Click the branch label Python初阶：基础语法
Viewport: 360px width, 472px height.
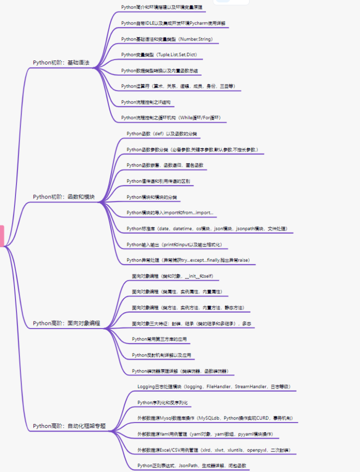tap(61, 62)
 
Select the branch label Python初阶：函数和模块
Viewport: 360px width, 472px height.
tap(63, 196)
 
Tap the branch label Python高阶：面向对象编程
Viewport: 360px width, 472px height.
tap(66, 323)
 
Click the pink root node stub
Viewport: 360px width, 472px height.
tap(1, 235)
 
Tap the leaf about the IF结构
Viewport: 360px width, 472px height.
tap(145, 102)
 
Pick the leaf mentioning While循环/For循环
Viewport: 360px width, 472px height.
tap(170, 117)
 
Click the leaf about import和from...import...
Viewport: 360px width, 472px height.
tap(170, 212)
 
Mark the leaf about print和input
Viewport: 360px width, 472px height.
tap(174, 244)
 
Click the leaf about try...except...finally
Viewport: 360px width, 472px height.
tap(191, 260)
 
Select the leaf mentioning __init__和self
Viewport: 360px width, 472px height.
tap(175, 275)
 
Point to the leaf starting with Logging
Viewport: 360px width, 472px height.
tap(213, 386)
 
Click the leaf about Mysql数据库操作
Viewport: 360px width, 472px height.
tap(215, 418)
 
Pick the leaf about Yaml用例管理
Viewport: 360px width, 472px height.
tap(205, 433)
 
